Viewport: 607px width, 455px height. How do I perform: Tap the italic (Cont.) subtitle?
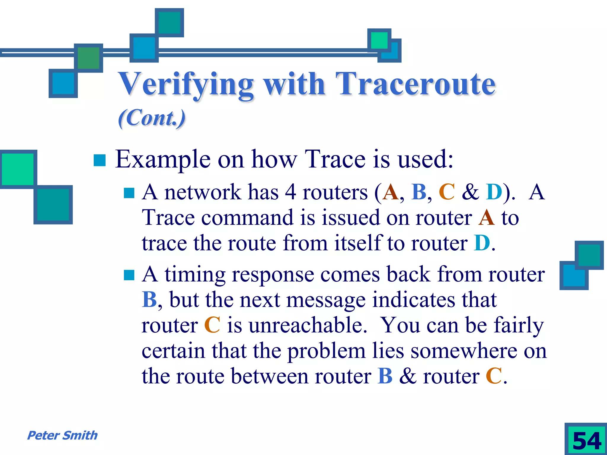click(152, 118)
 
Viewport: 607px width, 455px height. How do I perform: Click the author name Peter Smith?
click(62, 435)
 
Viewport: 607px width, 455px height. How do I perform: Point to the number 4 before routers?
click(290, 192)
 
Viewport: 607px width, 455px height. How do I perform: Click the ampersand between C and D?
click(470, 192)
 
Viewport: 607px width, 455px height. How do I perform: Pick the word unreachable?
click(307, 325)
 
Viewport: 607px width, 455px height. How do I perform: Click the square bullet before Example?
click(100, 160)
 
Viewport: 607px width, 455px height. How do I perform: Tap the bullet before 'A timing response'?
click(129, 275)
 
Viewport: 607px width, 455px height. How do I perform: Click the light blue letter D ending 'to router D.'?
click(482, 243)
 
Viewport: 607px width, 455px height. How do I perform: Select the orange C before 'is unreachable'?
click(212, 325)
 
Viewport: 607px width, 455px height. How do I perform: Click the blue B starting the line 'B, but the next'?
click(149, 300)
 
